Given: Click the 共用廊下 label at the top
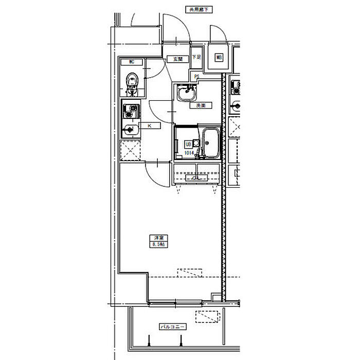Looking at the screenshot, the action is click(199, 9).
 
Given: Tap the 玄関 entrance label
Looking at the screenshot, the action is click(177, 60).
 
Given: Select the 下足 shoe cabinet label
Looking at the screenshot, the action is click(196, 57).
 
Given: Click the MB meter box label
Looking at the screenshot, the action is click(219, 58).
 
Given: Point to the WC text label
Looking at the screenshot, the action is click(132, 62).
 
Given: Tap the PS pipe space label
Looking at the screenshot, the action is click(196, 77).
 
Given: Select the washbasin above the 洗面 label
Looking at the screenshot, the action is click(186, 95).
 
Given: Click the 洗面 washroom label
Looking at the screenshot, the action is click(200, 105).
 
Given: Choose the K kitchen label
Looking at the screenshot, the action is click(149, 125).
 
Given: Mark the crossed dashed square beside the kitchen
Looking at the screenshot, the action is click(131, 150).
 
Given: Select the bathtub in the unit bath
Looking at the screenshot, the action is click(211, 142).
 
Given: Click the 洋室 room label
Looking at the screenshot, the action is click(157, 238).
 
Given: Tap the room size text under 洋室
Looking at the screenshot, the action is click(157, 244).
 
